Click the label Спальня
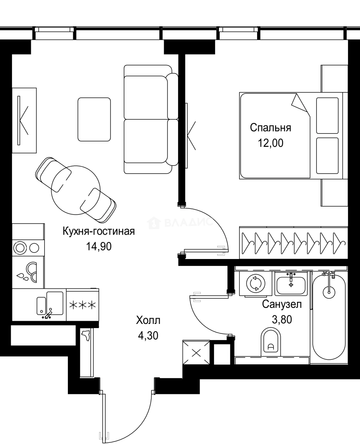(270, 128)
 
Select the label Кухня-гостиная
(98, 231)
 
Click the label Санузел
(282, 305)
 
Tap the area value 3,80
(282, 319)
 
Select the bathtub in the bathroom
(329, 317)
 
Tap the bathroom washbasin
(291, 284)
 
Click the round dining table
(75, 189)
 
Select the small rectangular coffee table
(94, 119)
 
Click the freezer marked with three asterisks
(82, 305)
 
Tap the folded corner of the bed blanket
(301, 103)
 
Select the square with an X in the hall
(197, 353)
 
